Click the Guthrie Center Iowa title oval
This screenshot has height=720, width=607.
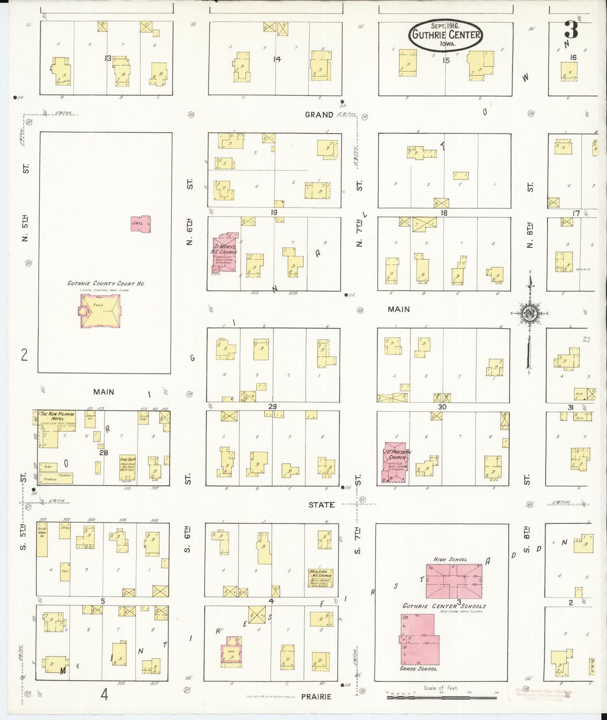pyautogui.click(x=446, y=35)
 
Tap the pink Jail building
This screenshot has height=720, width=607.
pyautogui.click(x=140, y=224)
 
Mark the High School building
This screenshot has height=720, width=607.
pyautogui.click(x=454, y=581)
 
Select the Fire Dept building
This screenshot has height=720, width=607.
pyautogui.click(x=126, y=467)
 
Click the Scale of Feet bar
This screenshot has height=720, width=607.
pyautogui.click(x=441, y=697)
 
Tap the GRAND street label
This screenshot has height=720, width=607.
pyautogui.click(x=319, y=115)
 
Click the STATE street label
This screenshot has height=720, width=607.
pyautogui.click(x=321, y=505)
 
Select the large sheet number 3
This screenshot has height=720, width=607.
pyautogui.click(x=571, y=30)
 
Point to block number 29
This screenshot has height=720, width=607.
pyautogui.click(x=273, y=407)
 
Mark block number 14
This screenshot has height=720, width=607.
pyautogui.click(x=276, y=59)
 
